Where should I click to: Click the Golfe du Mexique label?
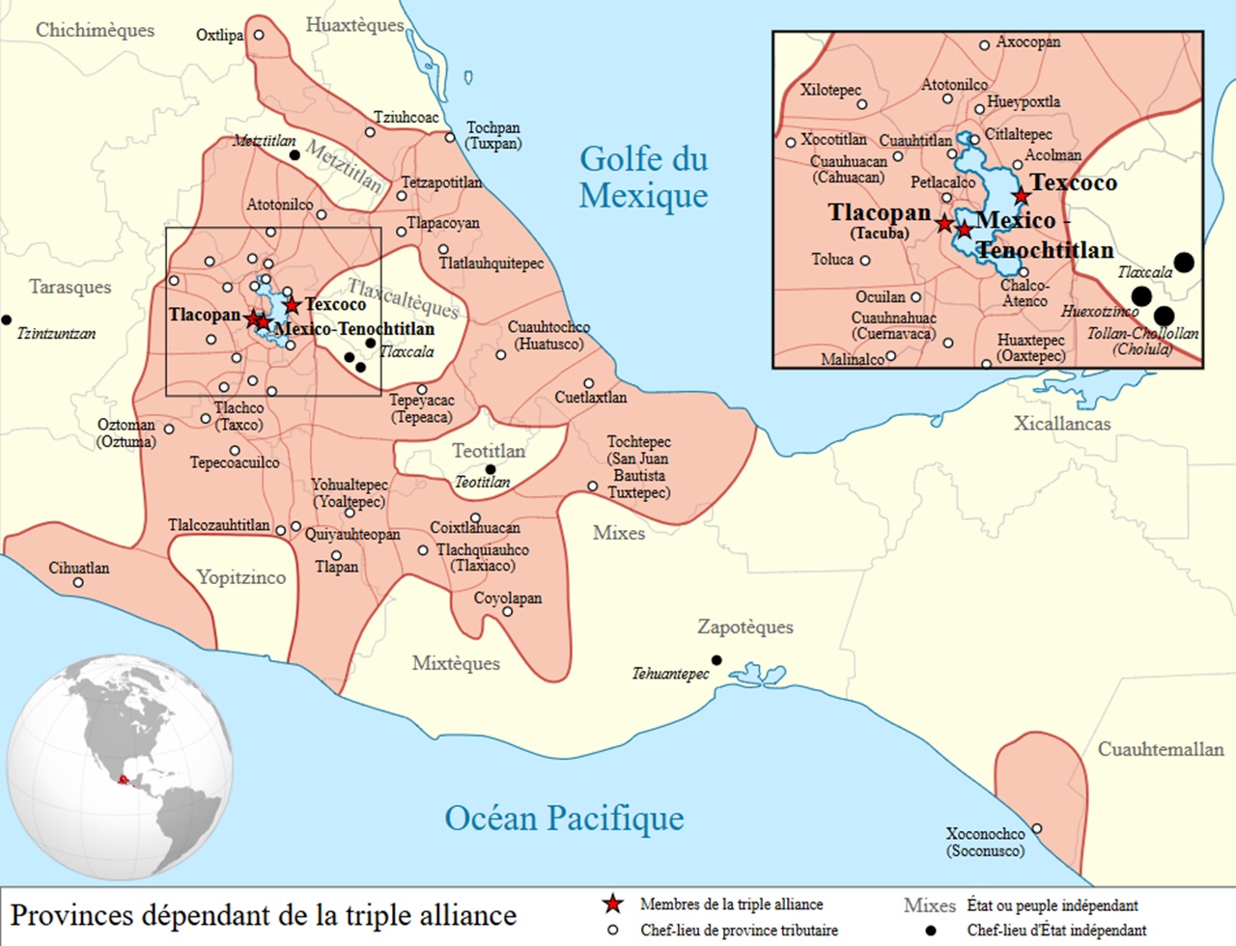point(643,177)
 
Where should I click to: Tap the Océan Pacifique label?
point(564,819)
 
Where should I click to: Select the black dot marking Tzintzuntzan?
point(7,320)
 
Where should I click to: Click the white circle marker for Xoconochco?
point(1036,828)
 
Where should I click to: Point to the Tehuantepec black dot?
point(716,660)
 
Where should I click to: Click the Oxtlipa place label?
point(219,35)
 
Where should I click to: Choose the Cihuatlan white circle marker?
point(79,583)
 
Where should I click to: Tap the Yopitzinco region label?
point(241,577)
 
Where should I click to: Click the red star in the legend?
point(612,904)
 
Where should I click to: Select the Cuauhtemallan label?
point(1160,749)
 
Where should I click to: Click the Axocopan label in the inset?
point(1027,42)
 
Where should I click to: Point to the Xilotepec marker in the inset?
point(861,104)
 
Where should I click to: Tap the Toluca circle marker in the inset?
point(864,261)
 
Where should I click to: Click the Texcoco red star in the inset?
point(1021,197)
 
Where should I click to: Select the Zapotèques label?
point(744,627)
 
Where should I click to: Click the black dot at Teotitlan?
point(491,469)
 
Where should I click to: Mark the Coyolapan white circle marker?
point(508,611)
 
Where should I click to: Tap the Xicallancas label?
point(1061,423)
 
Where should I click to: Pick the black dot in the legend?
point(930,931)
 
